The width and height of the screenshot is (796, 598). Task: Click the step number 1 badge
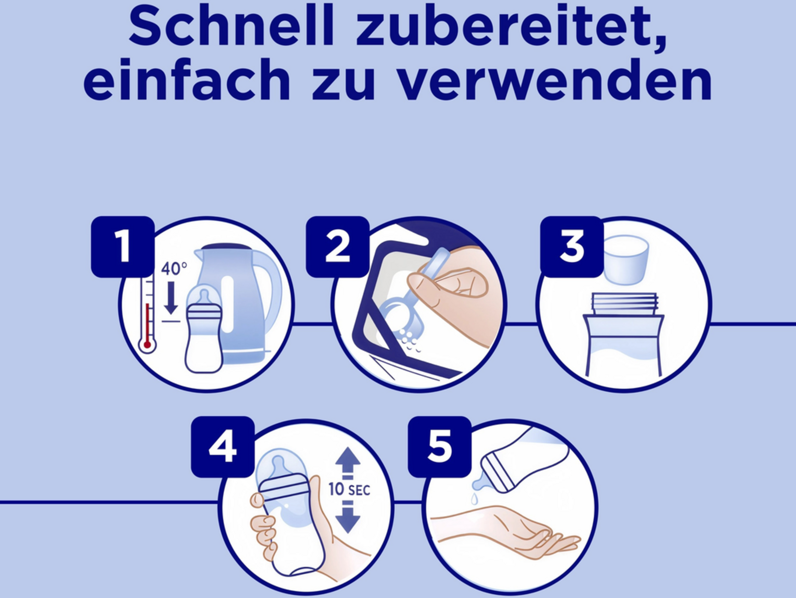[x=123, y=247]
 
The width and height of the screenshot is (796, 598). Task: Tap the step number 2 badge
[x=338, y=247]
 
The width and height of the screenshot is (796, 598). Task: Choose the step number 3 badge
[x=572, y=247]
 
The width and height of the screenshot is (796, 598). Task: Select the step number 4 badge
[x=223, y=447]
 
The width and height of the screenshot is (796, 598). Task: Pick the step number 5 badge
[x=439, y=447]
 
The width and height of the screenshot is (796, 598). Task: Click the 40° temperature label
[x=174, y=268]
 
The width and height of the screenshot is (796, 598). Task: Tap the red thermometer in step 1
[x=147, y=313]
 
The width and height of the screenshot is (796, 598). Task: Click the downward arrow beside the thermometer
[x=170, y=297]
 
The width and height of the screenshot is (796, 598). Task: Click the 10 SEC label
[x=349, y=489]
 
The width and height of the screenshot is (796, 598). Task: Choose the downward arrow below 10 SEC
[x=348, y=519]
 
